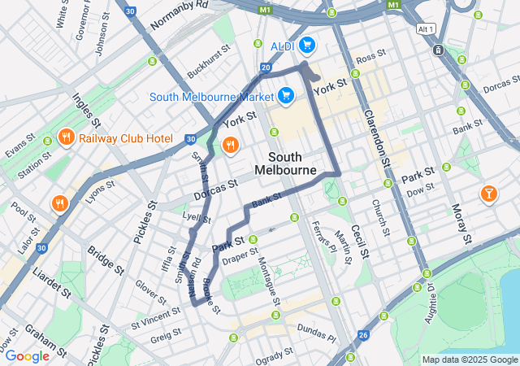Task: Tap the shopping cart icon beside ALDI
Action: [306, 45]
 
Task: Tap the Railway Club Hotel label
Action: [126, 137]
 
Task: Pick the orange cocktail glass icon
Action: [489, 193]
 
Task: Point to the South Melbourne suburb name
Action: [285, 163]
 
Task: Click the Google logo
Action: [28, 355]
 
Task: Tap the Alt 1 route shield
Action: [425, 28]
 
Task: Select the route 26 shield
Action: [363, 334]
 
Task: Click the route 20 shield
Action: [266, 68]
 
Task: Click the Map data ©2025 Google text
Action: [470, 359]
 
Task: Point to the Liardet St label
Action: [50, 280]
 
